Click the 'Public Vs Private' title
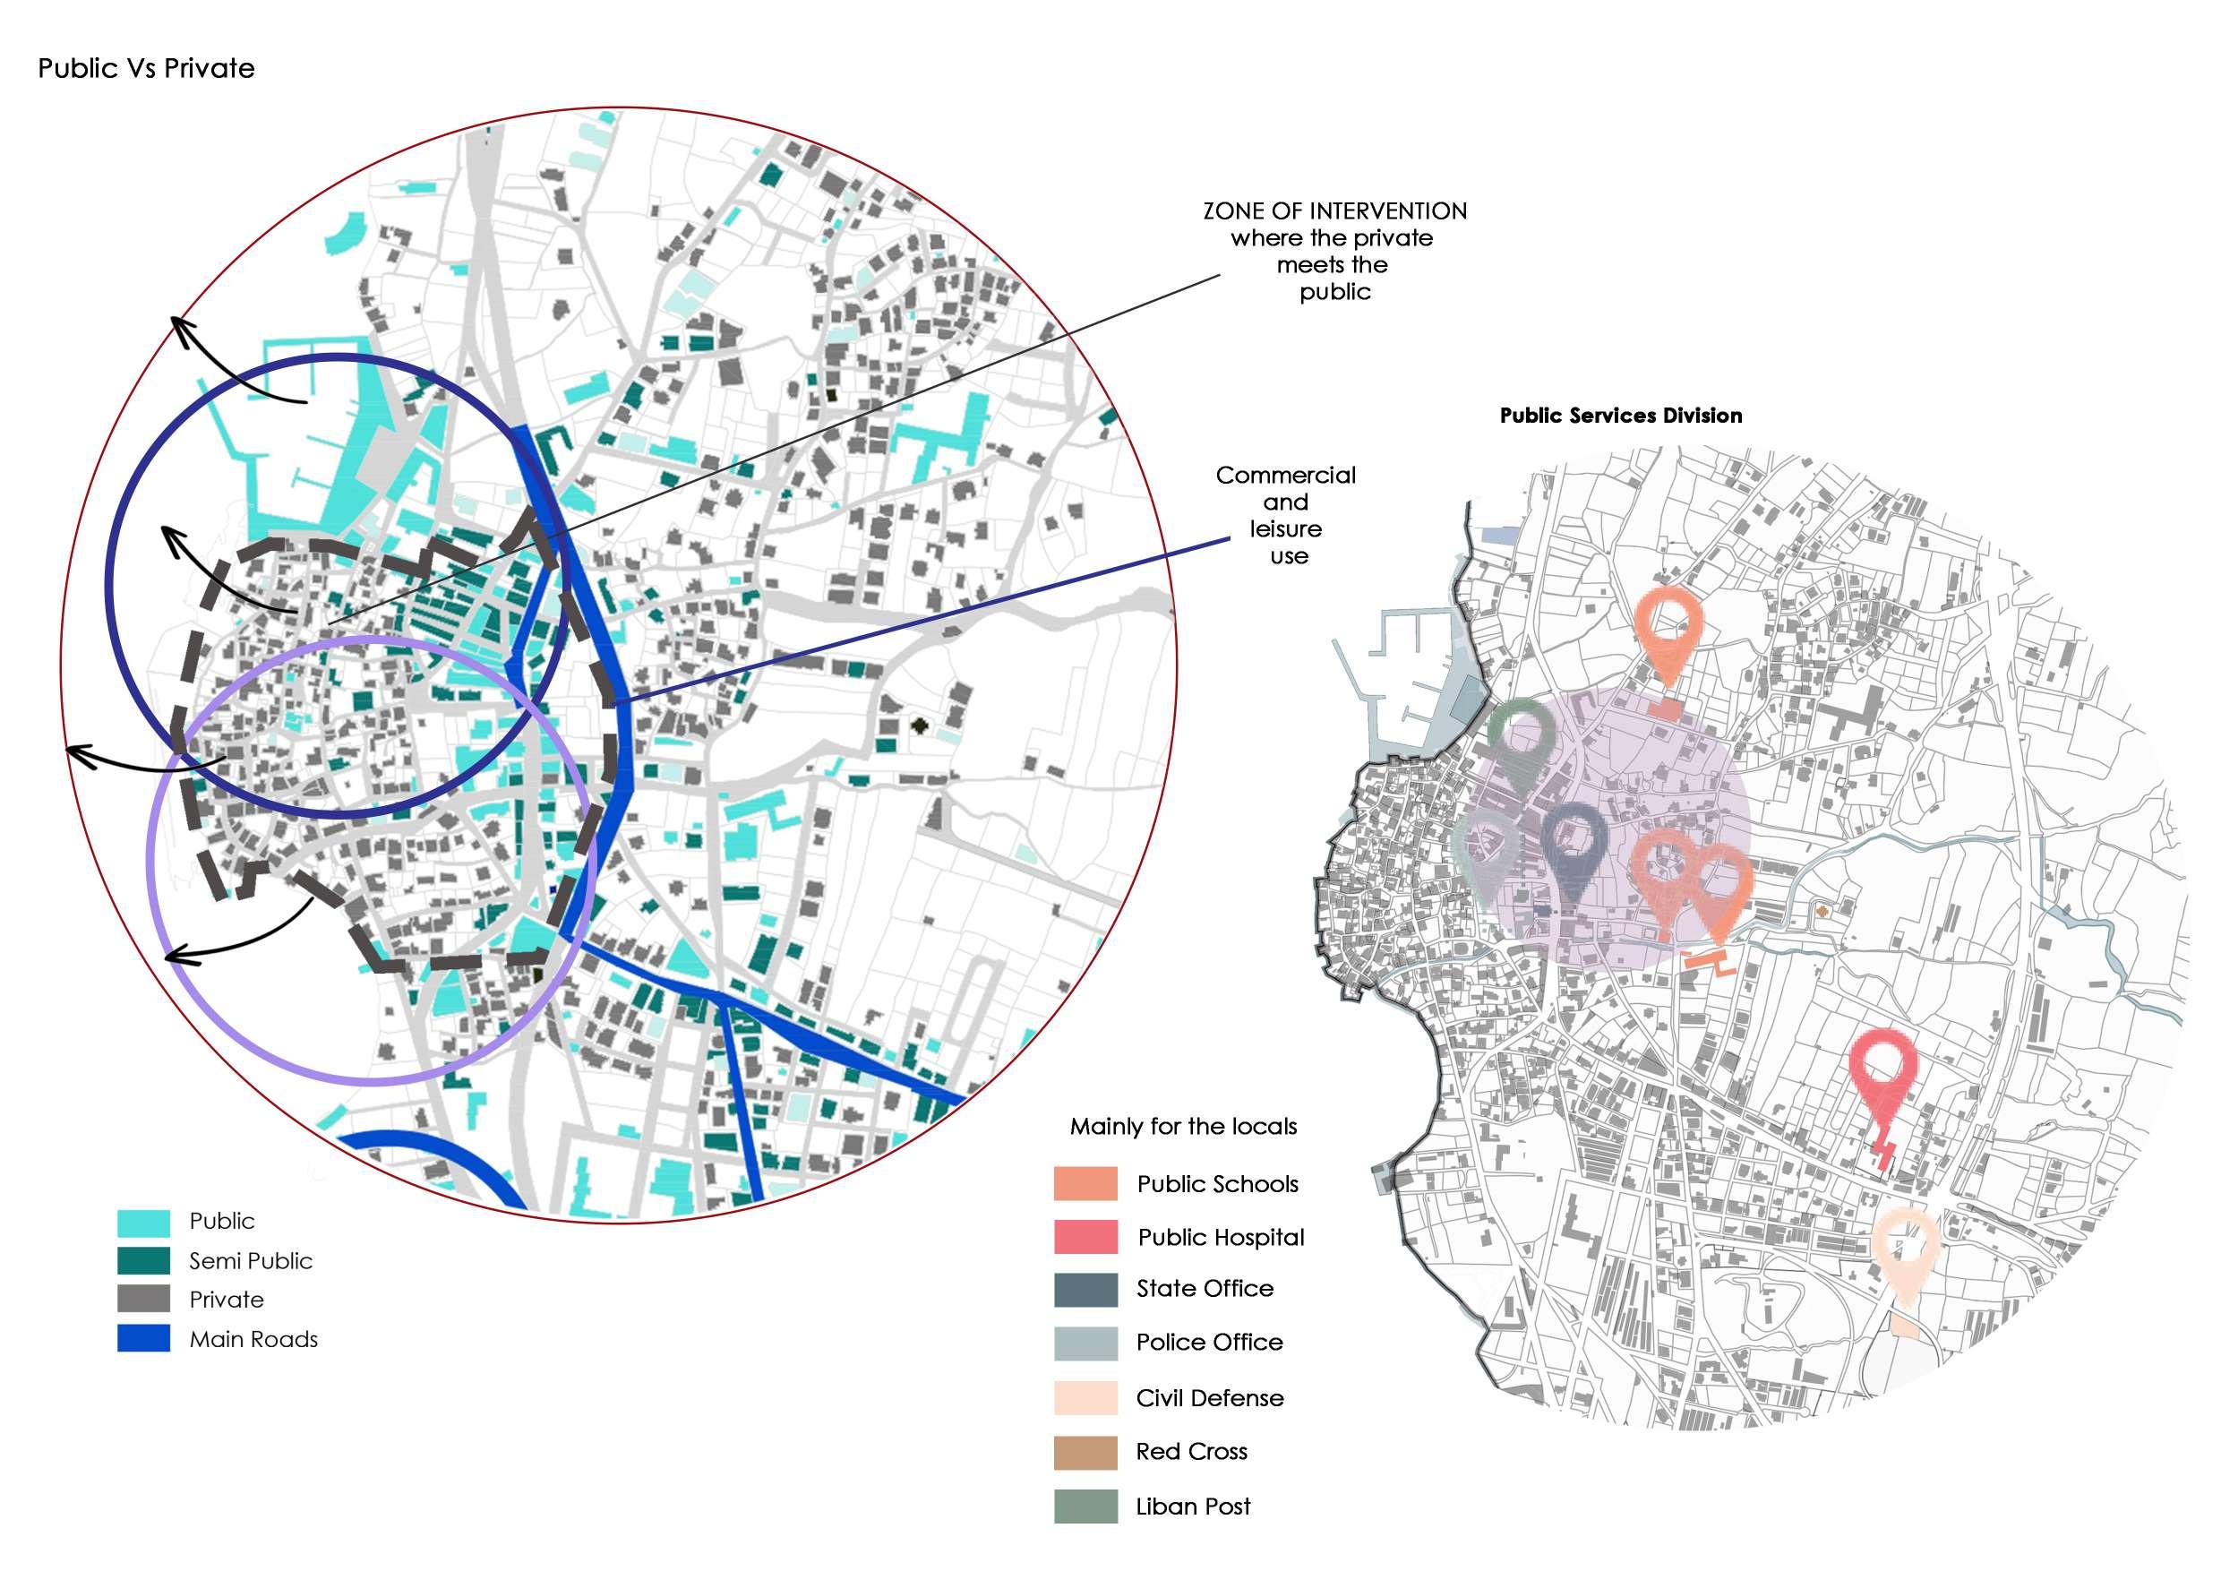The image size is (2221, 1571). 146,69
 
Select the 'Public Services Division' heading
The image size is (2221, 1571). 1620,416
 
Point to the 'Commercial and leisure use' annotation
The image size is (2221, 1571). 1286,515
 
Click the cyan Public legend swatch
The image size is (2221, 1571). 143,1222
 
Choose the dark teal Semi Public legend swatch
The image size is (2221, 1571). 143,1260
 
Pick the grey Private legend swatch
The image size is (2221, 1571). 143,1300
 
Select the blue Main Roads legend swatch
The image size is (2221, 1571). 143,1339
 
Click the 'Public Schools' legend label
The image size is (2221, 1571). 1217,1184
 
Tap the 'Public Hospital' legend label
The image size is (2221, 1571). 1221,1237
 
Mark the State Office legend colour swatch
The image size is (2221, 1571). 1085,1290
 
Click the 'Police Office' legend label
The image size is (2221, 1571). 1209,1343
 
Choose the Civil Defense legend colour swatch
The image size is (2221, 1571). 1085,1398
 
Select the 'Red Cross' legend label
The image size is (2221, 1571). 1191,1452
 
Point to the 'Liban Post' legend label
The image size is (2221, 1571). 1193,1507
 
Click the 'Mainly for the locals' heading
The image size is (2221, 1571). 1183,1127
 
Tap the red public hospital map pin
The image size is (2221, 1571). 1882,1064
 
